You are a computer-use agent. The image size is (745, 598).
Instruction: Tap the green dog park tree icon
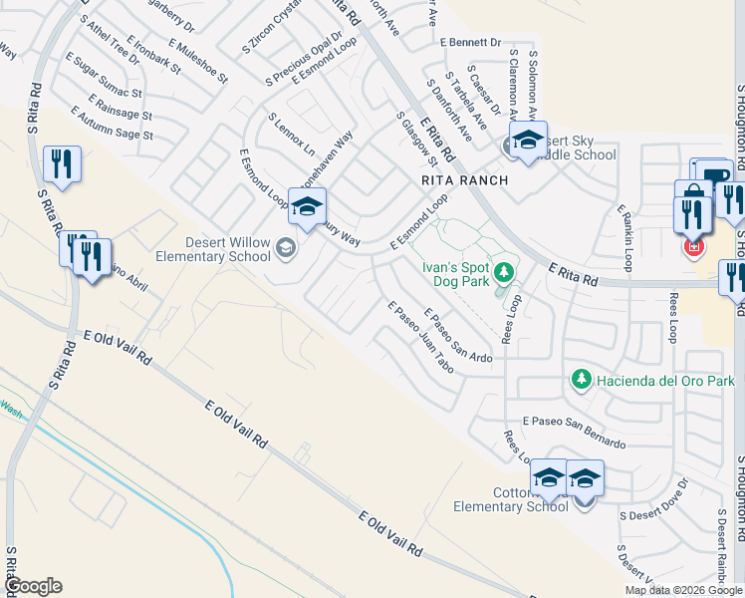(x=505, y=272)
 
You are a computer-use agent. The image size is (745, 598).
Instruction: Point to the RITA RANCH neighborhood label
(x=465, y=180)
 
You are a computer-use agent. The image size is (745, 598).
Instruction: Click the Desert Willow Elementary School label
(x=213, y=248)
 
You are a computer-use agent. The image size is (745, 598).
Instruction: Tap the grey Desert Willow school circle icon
(x=287, y=248)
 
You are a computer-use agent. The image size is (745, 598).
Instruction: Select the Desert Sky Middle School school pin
(x=528, y=140)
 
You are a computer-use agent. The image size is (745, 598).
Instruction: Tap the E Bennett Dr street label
(x=470, y=43)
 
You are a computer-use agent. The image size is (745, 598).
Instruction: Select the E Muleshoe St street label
(x=198, y=61)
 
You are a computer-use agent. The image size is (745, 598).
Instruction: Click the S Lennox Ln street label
(x=291, y=133)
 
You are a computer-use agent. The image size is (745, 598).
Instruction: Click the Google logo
(x=33, y=586)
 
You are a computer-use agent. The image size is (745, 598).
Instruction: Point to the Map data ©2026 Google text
(x=683, y=590)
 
